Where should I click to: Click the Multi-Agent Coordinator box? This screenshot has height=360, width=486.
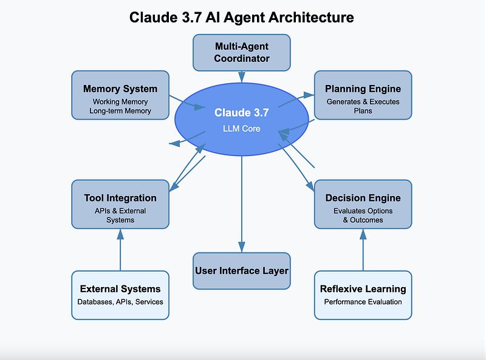pos(241,53)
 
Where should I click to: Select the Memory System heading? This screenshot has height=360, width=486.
pos(120,89)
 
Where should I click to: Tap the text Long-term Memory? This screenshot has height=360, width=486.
pos(120,111)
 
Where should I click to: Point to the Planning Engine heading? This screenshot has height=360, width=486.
pos(363,89)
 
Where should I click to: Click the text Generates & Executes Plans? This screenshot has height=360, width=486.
pos(363,106)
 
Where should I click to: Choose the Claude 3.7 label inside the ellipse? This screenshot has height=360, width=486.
pos(241,112)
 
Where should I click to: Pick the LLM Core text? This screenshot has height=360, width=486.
pos(241,129)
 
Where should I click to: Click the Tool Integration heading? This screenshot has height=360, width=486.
pos(120,198)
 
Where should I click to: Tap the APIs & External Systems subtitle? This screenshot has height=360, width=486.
pos(120,216)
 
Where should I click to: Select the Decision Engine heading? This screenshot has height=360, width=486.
pos(363,198)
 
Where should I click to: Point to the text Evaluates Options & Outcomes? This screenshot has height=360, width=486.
pos(363,216)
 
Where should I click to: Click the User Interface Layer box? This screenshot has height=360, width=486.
pos(241,271)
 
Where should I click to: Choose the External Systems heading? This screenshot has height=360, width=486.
pos(120,289)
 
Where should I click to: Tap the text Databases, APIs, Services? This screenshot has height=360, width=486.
pos(120,302)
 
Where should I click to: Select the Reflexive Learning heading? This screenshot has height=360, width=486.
pos(363,289)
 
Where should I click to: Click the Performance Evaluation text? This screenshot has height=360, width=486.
pos(363,302)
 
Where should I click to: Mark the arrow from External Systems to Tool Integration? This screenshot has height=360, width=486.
pos(120,250)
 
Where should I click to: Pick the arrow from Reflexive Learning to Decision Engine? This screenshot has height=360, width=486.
pos(363,250)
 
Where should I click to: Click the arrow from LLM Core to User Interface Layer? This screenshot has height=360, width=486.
pos(241,204)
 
